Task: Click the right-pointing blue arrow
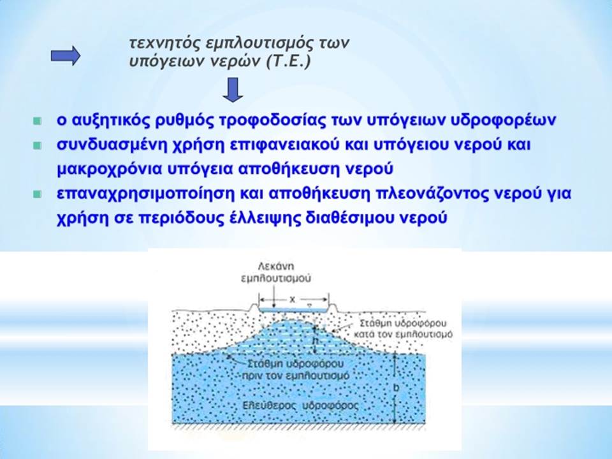66,56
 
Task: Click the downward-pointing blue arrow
233,90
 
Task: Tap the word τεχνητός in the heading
164,43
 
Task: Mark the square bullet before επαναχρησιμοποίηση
38,194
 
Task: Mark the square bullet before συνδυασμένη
38,145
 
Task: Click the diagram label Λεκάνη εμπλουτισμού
276,272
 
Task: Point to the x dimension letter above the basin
293,300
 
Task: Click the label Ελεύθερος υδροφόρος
300,405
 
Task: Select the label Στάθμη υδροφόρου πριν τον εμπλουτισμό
295,370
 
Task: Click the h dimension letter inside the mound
316,340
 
